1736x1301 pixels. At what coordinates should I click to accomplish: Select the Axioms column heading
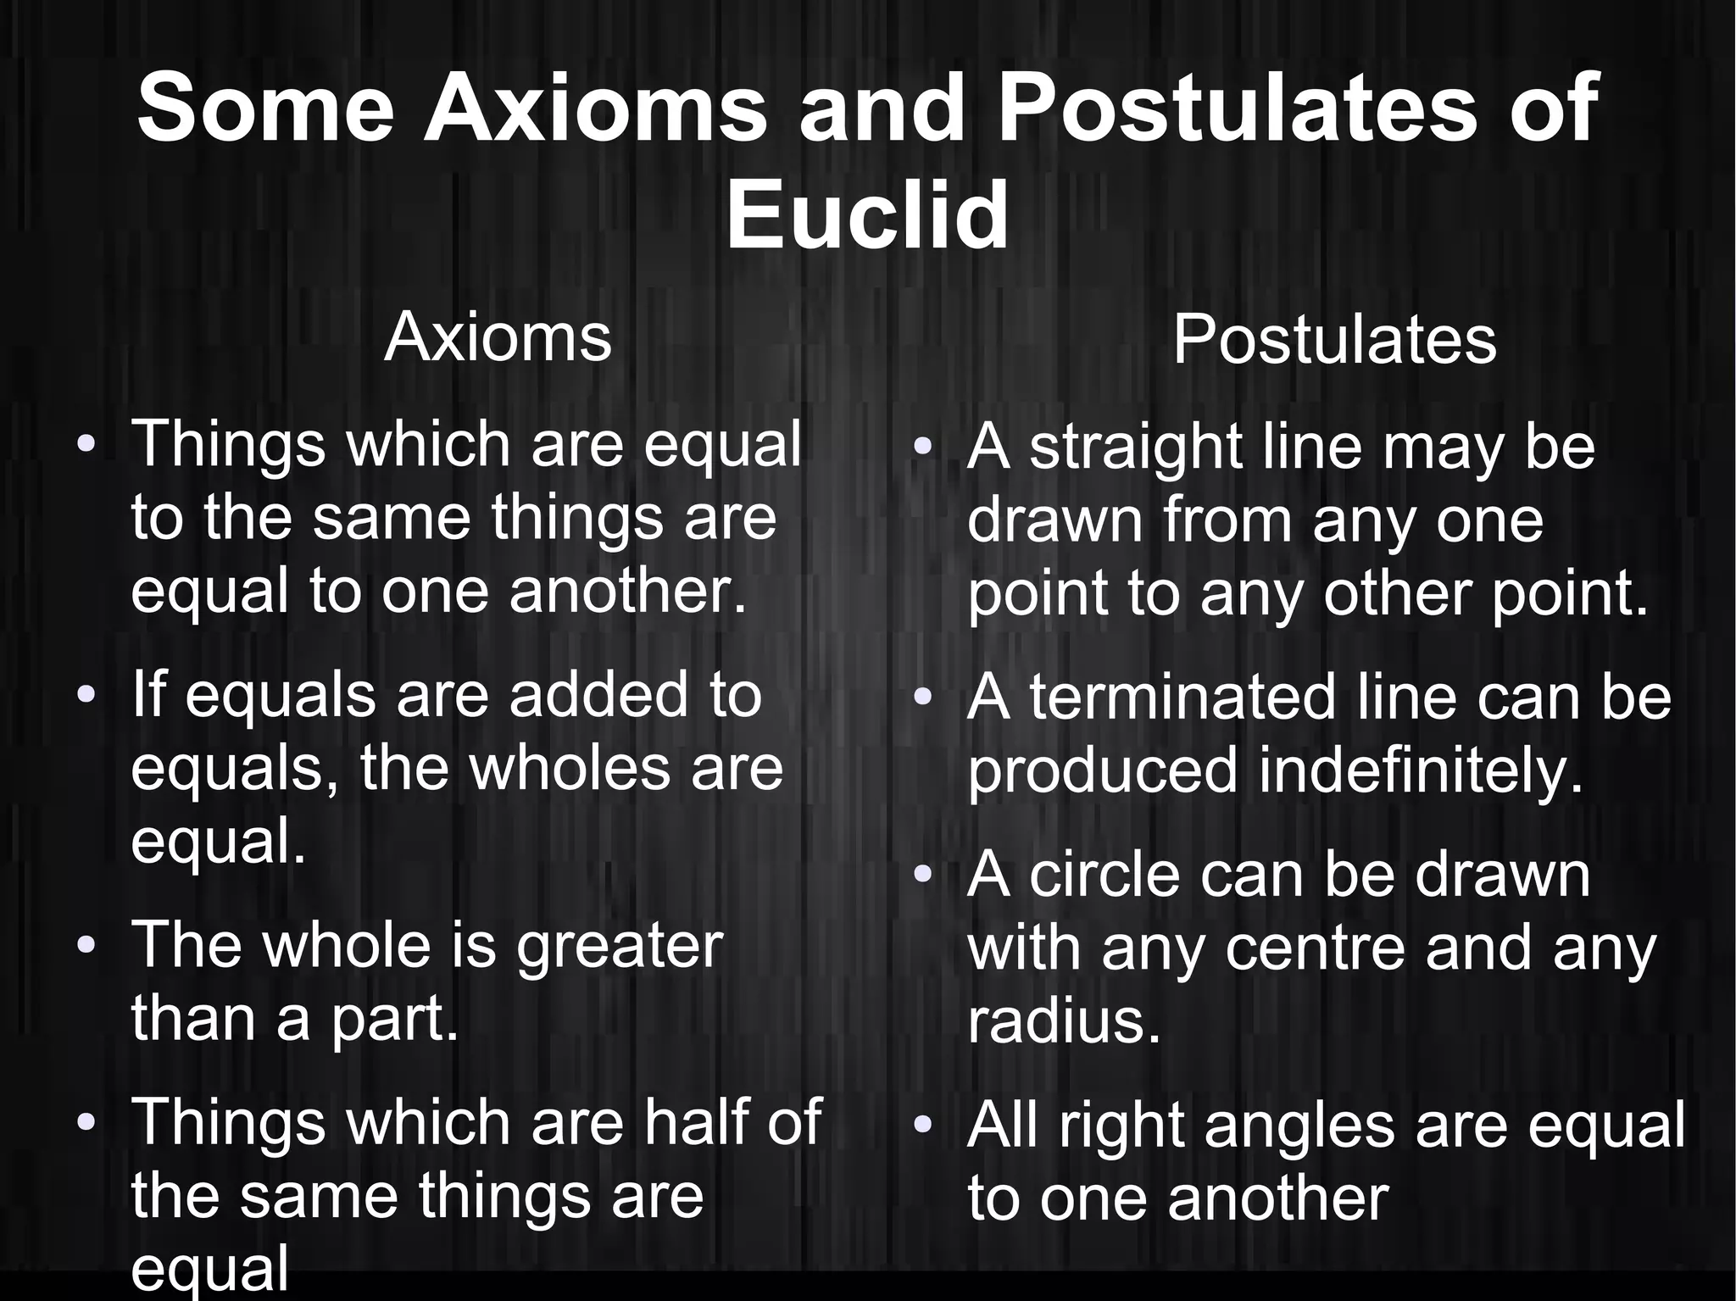coord(498,337)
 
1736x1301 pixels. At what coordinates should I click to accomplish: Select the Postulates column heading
coord(1334,340)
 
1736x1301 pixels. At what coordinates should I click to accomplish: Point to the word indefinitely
coord(1421,771)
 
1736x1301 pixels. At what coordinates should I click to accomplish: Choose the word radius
coord(1064,1021)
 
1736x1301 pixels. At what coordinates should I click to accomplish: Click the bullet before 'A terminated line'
coord(922,698)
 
